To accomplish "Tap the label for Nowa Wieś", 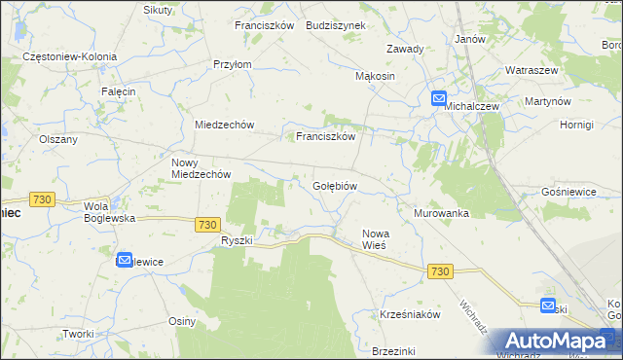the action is pyautogui.click(x=376, y=239).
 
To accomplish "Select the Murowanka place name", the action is pyautogui.click(x=441, y=213).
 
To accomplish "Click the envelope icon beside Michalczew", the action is pyautogui.click(x=438, y=98).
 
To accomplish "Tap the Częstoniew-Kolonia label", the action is pyautogui.click(x=70, y=57).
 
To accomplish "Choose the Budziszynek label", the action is pyautogui.click(x=335, y=25).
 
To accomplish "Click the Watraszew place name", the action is pyautogui.click(x=531, y=71).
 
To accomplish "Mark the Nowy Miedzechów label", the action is pyautogui.click(x=201, y=168).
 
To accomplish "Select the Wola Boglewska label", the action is pyautogui.click(x=109, y=212).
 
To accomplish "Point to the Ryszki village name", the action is pyautogui.click(x=237, y=240).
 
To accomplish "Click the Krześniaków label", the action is pyautogui.click(x=411, y=315).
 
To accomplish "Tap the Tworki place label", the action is pyautogui.click(x=77, y=333).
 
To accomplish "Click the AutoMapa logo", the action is pyautogui.click(x=555, y=342).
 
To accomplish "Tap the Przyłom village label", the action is pyautogui.click(x=233, y=64).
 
